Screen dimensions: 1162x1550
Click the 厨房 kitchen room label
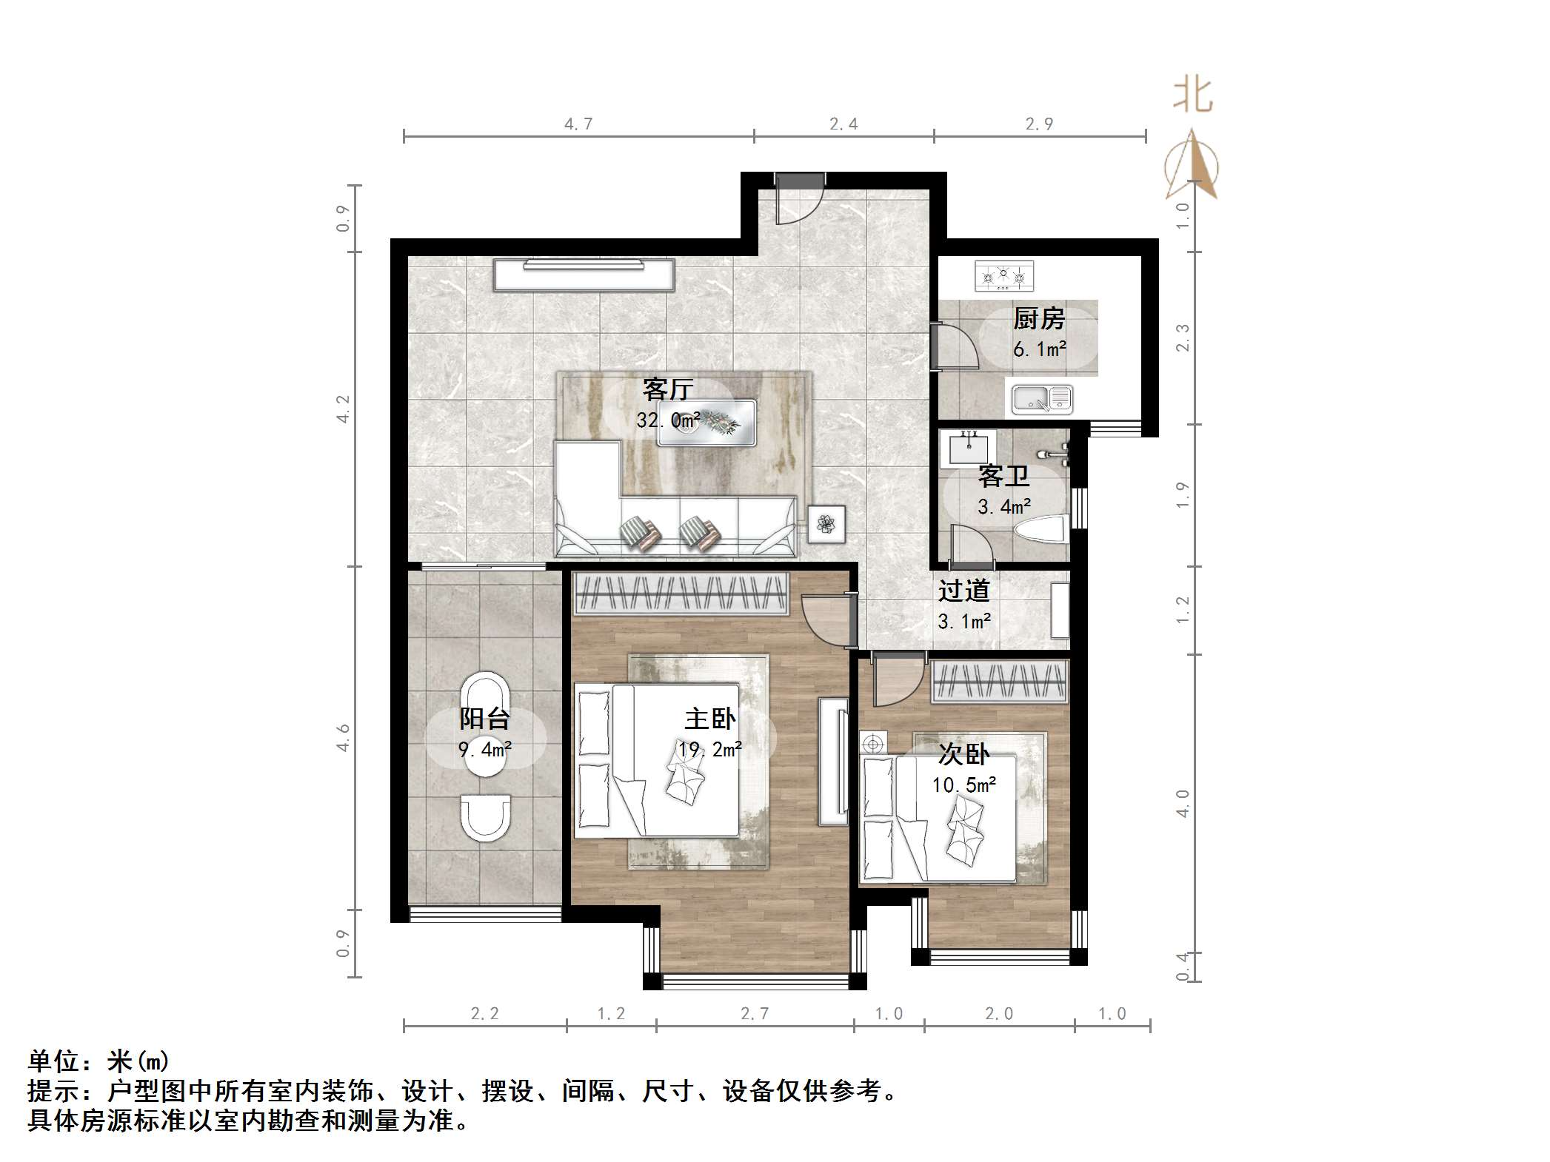(1038, 319)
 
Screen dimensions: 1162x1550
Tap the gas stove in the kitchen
(1003, 276)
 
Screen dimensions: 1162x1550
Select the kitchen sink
(1042, 400)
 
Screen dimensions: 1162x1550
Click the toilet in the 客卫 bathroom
(1042, 529)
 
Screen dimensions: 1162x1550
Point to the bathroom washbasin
(967, 447)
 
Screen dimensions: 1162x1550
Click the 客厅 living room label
(667, 389)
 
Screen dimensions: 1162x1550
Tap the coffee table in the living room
(706, 423)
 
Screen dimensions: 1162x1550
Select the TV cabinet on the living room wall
(584, 275)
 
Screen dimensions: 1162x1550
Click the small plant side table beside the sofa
(826, 524)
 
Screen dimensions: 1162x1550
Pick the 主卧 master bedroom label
(709, 719)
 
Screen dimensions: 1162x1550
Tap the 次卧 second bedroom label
(963, 754)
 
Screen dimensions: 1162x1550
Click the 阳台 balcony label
(484, 719)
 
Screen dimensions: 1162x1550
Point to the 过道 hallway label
(963, 591)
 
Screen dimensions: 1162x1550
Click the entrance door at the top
(799, 198)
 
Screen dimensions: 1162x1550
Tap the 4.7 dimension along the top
(578, 124)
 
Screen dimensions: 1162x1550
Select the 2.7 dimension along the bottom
(755, 1014)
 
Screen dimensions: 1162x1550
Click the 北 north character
(1192, 95)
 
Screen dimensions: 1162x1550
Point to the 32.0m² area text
(668, 420)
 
